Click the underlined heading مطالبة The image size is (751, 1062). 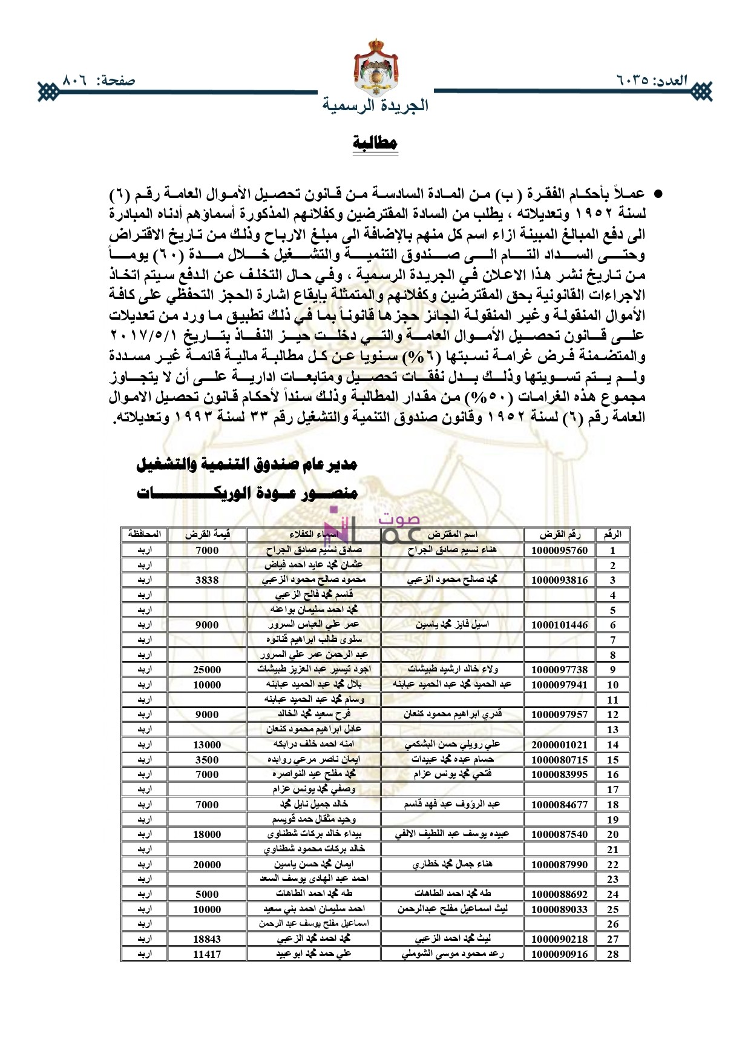375,143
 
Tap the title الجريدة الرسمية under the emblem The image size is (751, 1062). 375,105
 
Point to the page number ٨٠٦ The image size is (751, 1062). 76,81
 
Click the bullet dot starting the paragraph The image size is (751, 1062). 659,194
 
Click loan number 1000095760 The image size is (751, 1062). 559,550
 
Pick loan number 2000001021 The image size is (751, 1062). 559,745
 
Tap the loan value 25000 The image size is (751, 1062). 207,670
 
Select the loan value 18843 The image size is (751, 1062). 207,939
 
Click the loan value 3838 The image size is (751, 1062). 207,580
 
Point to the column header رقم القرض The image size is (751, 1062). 560,535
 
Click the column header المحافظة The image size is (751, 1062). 144,535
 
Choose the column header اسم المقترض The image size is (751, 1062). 452,535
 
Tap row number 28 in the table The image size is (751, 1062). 612,954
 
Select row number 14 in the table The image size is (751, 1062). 612,745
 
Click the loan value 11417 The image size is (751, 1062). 207,954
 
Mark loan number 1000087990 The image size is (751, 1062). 559,865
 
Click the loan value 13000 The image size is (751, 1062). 207,745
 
